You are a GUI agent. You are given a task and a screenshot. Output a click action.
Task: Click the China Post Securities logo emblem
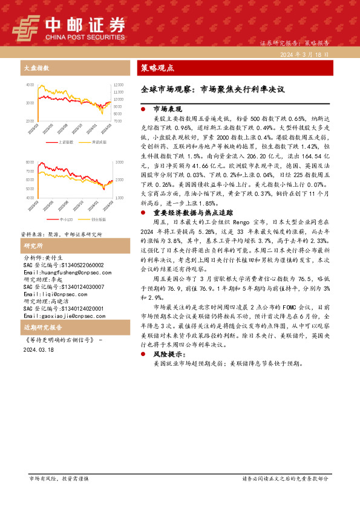point(26,27)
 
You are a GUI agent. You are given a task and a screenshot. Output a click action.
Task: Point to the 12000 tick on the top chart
point(118,84)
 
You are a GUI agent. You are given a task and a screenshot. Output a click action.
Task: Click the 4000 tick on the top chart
point(30,85)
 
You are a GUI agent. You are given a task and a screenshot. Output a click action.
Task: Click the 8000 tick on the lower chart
point(30,163)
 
